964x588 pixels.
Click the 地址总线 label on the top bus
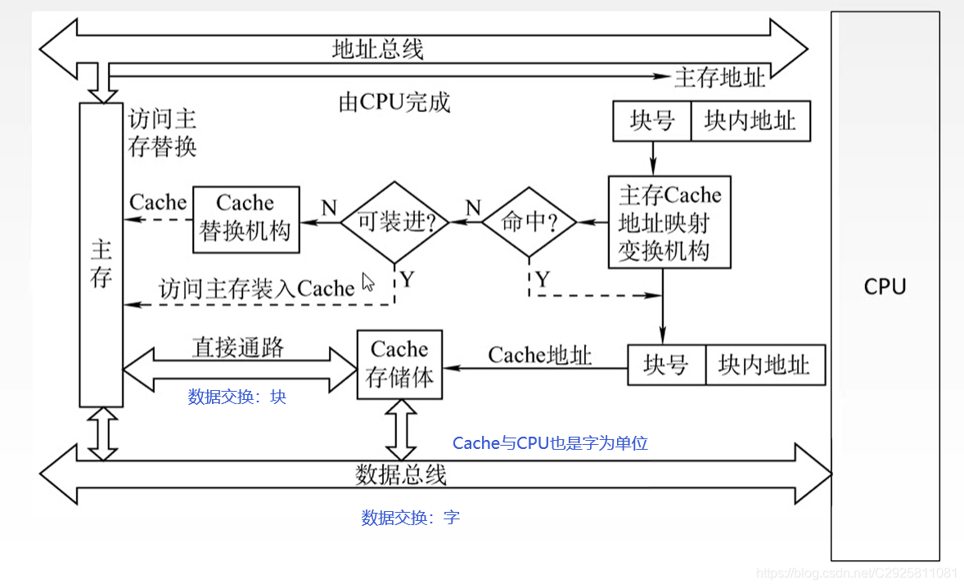[377, 48]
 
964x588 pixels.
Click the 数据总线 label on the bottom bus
[400, 474]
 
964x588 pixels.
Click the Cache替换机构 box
[245, 218]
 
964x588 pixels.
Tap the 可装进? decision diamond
[394, 222]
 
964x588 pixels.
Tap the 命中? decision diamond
[528, 222]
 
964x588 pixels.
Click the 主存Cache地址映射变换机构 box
[669, 222]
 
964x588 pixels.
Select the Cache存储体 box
[399, 364]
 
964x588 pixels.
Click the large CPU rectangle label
[885, 287]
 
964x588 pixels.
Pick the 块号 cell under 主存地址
[652, 122]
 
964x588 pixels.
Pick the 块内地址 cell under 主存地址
[750, 122]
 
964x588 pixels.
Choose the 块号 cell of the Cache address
[665, 365]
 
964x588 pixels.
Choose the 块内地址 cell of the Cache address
[764, 365]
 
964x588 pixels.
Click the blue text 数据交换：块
[236, 397]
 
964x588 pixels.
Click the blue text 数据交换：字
[410, 518]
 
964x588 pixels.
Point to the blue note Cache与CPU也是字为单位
[550, 443]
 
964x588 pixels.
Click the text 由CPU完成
[394, 102]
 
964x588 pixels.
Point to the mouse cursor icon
[367, 282]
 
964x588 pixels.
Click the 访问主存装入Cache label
[256, 289]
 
